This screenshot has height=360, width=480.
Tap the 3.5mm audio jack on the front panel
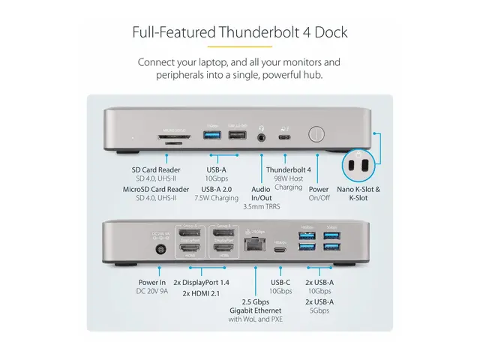pyautogui.click(x=262, y=136)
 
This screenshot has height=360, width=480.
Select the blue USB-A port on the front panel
pyautogui.click(x=211, y=136)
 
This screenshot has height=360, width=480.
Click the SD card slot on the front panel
pyautogui.click(x=173, y=136)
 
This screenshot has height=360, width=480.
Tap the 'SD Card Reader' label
pyautogui.click(x=156, y=169)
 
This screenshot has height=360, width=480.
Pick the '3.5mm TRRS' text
pyautogui.click(x=257, y=205)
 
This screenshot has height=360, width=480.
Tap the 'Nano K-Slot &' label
pyautogui.click(x=357, y=190)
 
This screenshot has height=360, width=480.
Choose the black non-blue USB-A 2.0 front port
pyautogui.click(x=236, y=136)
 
